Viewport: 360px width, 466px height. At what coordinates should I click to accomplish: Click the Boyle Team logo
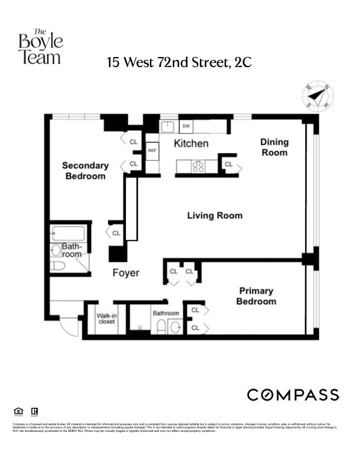(x=40, y=46)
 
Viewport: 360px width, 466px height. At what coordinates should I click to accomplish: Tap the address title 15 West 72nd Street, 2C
(x=179, y=62)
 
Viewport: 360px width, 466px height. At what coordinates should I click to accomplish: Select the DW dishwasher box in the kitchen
(x=186, y=126)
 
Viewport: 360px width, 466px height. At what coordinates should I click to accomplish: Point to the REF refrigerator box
(x=152, y=151)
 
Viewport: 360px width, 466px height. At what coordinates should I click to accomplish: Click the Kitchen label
(x=191, y=144)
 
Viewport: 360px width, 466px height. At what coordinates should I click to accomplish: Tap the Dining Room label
(x=274, y=147)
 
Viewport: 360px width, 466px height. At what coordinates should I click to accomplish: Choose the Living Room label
(x=214, y=215)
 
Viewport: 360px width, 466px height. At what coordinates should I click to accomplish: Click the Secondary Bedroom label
(x=85, y=171)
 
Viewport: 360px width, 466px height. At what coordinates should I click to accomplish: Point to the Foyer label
(x=126, y=273)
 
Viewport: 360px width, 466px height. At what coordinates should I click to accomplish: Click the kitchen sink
(x=166, y=127)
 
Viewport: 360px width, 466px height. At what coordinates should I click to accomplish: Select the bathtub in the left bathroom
(x=68, y=233)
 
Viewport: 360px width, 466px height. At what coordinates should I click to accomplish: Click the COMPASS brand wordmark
(x=292, y=395)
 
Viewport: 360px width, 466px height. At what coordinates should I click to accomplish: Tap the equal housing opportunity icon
(x=17, y=411)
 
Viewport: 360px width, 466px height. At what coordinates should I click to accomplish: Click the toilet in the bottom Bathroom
(x=161, y=327)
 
